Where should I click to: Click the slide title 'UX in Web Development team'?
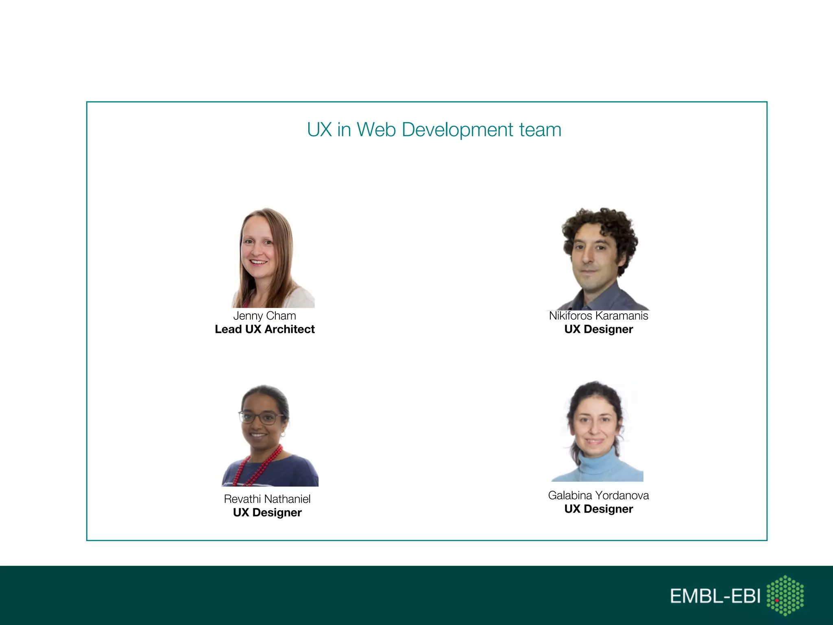[x=434, y=130]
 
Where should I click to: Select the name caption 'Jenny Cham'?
[x=264, y=316]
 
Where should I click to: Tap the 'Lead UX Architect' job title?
[x=264, y=329]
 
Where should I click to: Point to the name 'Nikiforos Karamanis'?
[x=598, y=316]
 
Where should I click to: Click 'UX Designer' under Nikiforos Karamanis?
[x=598, y=329]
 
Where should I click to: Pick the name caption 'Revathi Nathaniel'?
[x=267, y=499]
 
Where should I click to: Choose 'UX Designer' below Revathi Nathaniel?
[x=267, y=512]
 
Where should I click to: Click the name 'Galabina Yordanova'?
[x=598, y=496]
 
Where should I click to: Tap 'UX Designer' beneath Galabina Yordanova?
[x=598, y=509]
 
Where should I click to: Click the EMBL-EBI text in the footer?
[x=715, y=596]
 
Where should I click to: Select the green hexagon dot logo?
[x=785, y=595]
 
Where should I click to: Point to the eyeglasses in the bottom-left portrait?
[x=262, y=417]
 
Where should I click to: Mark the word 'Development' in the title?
[x=457, y=130]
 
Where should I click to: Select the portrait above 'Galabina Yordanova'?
[x=597, y=431]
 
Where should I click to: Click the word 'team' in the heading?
[x=540, y=130]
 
